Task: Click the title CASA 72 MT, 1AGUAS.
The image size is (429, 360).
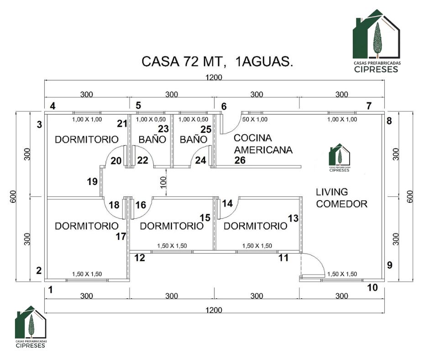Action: [217, 61]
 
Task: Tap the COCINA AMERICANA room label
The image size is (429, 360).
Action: [263, 144]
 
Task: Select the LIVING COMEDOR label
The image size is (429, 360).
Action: [341, 198]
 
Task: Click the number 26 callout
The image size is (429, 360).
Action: [240, 160]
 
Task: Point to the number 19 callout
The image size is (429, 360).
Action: [93, 181]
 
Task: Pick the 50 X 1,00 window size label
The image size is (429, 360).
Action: [255, 119]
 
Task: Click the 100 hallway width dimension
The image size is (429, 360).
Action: [163, 182]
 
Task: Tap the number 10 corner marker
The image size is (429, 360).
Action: [372, 287]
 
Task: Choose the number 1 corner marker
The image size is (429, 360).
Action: [50, 290]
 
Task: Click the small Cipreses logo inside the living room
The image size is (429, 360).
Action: [339, 158]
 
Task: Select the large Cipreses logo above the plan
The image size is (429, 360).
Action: [377, 41]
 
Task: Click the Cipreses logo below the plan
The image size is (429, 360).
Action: [31, 327]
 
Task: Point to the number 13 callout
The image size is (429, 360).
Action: [293, 218]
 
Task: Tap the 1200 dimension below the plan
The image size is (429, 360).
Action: [214, 310]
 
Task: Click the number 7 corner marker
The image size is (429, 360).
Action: [369, 106]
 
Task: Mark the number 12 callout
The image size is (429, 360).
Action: [140, 258]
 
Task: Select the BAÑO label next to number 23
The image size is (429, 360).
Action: [152, 140]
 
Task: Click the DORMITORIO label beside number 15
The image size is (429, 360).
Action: [172, 226]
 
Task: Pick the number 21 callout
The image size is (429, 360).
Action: [122, 124]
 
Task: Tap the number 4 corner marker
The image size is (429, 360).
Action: [52, 106]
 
